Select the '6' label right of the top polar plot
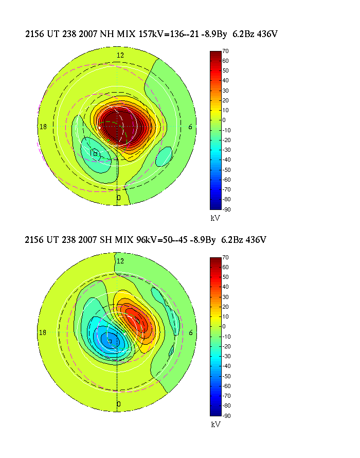tap(191, 127)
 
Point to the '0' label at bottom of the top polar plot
tap(119, 198)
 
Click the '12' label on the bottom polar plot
tap(120, 261)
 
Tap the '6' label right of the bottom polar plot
tap(191, 332)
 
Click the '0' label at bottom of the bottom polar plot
tap(119, 404)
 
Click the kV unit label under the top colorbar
tap(215, 218)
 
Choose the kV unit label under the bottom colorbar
tap(215, 425)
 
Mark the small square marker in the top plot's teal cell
tap(95, 153)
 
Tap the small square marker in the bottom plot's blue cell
tap(110, 341)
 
